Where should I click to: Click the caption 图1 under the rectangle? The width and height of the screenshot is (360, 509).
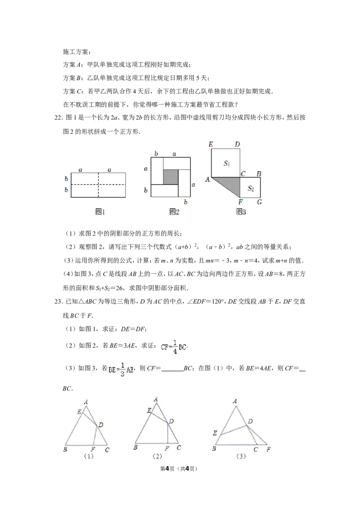coord(100,212)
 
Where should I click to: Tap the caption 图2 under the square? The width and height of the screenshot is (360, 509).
coord(174,212)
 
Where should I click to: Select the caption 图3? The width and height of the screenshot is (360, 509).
coord(241,212)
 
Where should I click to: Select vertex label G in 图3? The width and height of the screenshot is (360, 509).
coord(260,202)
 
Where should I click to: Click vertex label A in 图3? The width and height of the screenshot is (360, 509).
coord(207,179)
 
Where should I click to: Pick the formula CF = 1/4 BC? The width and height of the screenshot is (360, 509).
coord(173,347)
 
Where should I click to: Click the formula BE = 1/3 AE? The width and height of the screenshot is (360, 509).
coord(121,369)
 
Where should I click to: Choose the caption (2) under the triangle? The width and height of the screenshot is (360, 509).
coord(157,455)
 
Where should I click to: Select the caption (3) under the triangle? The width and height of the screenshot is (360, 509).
coord(241,455)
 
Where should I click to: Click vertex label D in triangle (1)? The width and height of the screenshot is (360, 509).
coord(101,425)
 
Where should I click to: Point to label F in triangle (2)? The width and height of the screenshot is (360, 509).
coord(166,448)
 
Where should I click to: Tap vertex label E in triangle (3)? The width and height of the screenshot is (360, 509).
coord(215,433)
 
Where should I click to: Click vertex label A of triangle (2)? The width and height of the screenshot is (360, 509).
coord(156,399)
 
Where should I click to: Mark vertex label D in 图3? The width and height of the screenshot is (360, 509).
coord(237,144)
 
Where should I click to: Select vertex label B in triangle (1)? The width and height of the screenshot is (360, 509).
coord(65,449)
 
